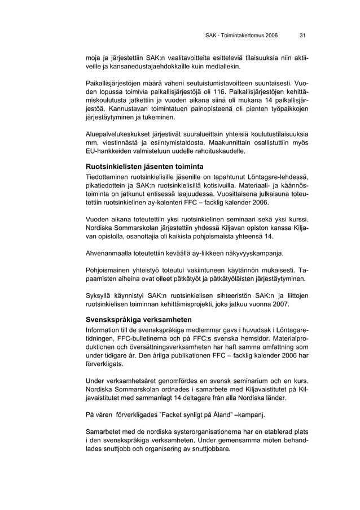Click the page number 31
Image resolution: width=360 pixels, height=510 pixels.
pyautogui.click(x=302, y=36)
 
